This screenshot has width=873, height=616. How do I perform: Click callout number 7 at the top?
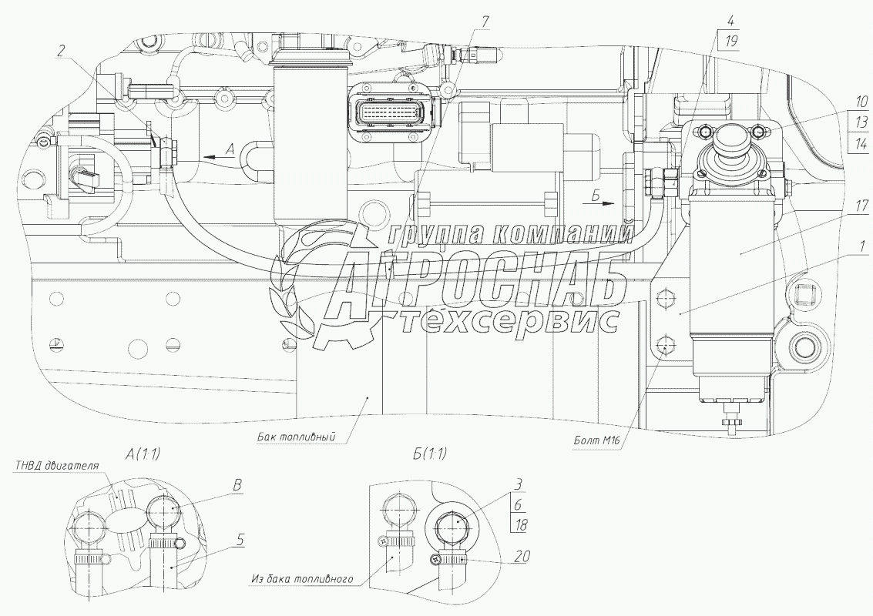[x=485, y=22]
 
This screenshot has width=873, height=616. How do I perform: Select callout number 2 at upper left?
[x=61, y=51]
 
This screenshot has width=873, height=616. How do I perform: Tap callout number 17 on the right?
[x=861, y=206]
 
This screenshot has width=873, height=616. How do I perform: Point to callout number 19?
[x=731, y=41]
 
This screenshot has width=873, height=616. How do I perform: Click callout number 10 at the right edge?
[x=861, y=102]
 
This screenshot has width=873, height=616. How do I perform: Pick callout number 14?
[x=861, y=143]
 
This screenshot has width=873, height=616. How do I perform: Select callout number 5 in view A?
[x=240, y=540]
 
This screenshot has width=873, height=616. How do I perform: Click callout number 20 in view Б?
[x=522, y=556]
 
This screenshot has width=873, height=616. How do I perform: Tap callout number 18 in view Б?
[x=521, y=524]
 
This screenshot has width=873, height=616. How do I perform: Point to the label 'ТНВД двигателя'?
[x=56, y=465]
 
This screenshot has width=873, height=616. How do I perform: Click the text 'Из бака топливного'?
[x=302, y=579]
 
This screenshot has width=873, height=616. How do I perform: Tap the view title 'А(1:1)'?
[x=143, y=454]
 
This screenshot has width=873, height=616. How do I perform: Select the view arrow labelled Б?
[x=598, y=203]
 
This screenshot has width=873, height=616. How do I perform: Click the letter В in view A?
[x=237, y=485]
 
